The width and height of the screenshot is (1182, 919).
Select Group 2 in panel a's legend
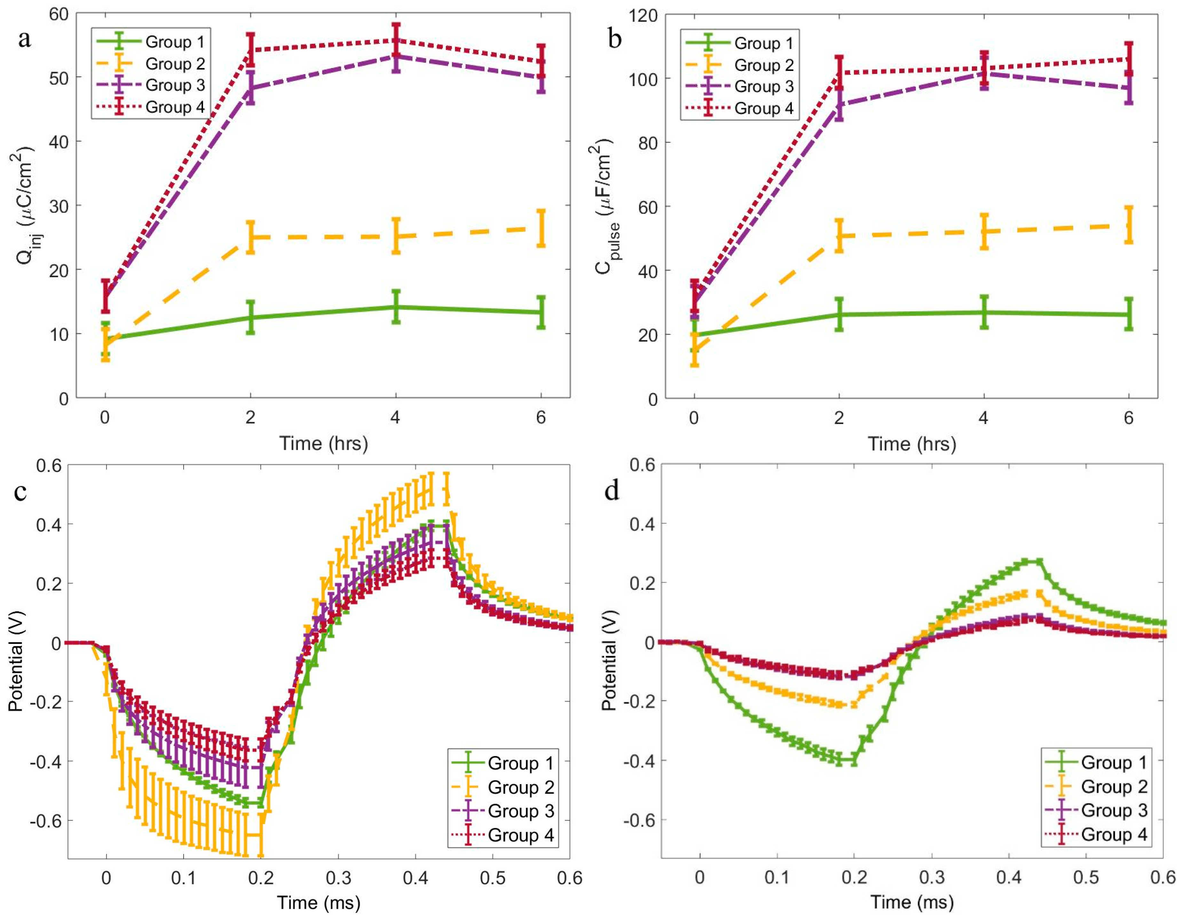click(x=175, y=64)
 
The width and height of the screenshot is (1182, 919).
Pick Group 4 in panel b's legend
click(x=764, y=108)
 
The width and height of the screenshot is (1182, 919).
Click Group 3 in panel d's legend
click(x=1114, y=810)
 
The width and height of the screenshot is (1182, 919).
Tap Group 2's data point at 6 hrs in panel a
click(x=541, y=229)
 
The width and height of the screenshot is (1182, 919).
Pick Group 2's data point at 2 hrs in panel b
click(x=839, y=236)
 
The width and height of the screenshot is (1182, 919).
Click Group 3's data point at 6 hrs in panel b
click(x=1128, y=88)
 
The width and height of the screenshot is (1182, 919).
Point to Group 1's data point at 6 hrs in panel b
click(x=1128, y=314)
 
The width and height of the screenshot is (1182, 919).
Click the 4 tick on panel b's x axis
click(x=983, y=418)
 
